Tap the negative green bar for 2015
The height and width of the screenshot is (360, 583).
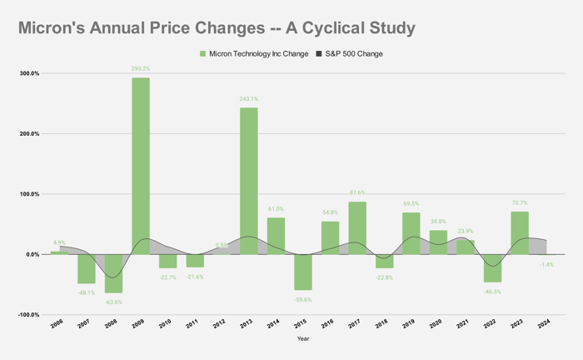(x=302, y=272)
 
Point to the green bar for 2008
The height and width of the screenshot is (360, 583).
(x=113, y=273)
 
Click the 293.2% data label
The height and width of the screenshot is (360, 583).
(x=141, y=69)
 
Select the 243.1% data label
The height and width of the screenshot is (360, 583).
(x=248, y=99)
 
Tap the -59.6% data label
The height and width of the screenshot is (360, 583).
(x=302, y=299)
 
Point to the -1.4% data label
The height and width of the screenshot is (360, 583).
(x=546, y=264)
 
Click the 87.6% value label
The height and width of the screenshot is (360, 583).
(x=356, y=193)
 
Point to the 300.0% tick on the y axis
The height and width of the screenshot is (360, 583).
(x=28, y=73)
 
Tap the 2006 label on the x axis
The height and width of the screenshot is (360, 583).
(x=57, y=324)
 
